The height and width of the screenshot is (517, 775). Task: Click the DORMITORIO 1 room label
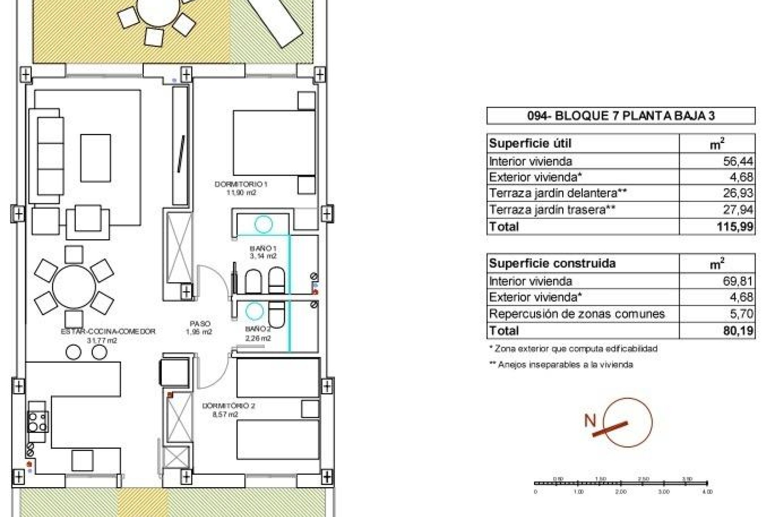(241, 185)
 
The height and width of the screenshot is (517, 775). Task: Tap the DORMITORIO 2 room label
(228, 406)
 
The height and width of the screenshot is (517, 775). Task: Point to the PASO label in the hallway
(200, 324)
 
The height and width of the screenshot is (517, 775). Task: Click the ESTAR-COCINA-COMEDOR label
(108, 331)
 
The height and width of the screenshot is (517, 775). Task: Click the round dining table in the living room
(74, 286)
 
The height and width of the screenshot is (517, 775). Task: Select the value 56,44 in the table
(737, 161)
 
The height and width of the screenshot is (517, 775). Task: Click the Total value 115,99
(735, 227)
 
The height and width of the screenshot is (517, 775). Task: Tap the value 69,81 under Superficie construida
(737, 281)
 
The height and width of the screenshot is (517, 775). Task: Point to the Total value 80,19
(737, 331)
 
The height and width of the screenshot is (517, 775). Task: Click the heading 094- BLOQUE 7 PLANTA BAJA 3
(621, 116)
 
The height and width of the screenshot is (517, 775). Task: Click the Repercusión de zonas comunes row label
(576, 314)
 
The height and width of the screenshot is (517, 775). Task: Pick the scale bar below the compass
(621, 483)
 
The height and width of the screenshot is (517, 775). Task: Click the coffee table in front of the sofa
(95, 158)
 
